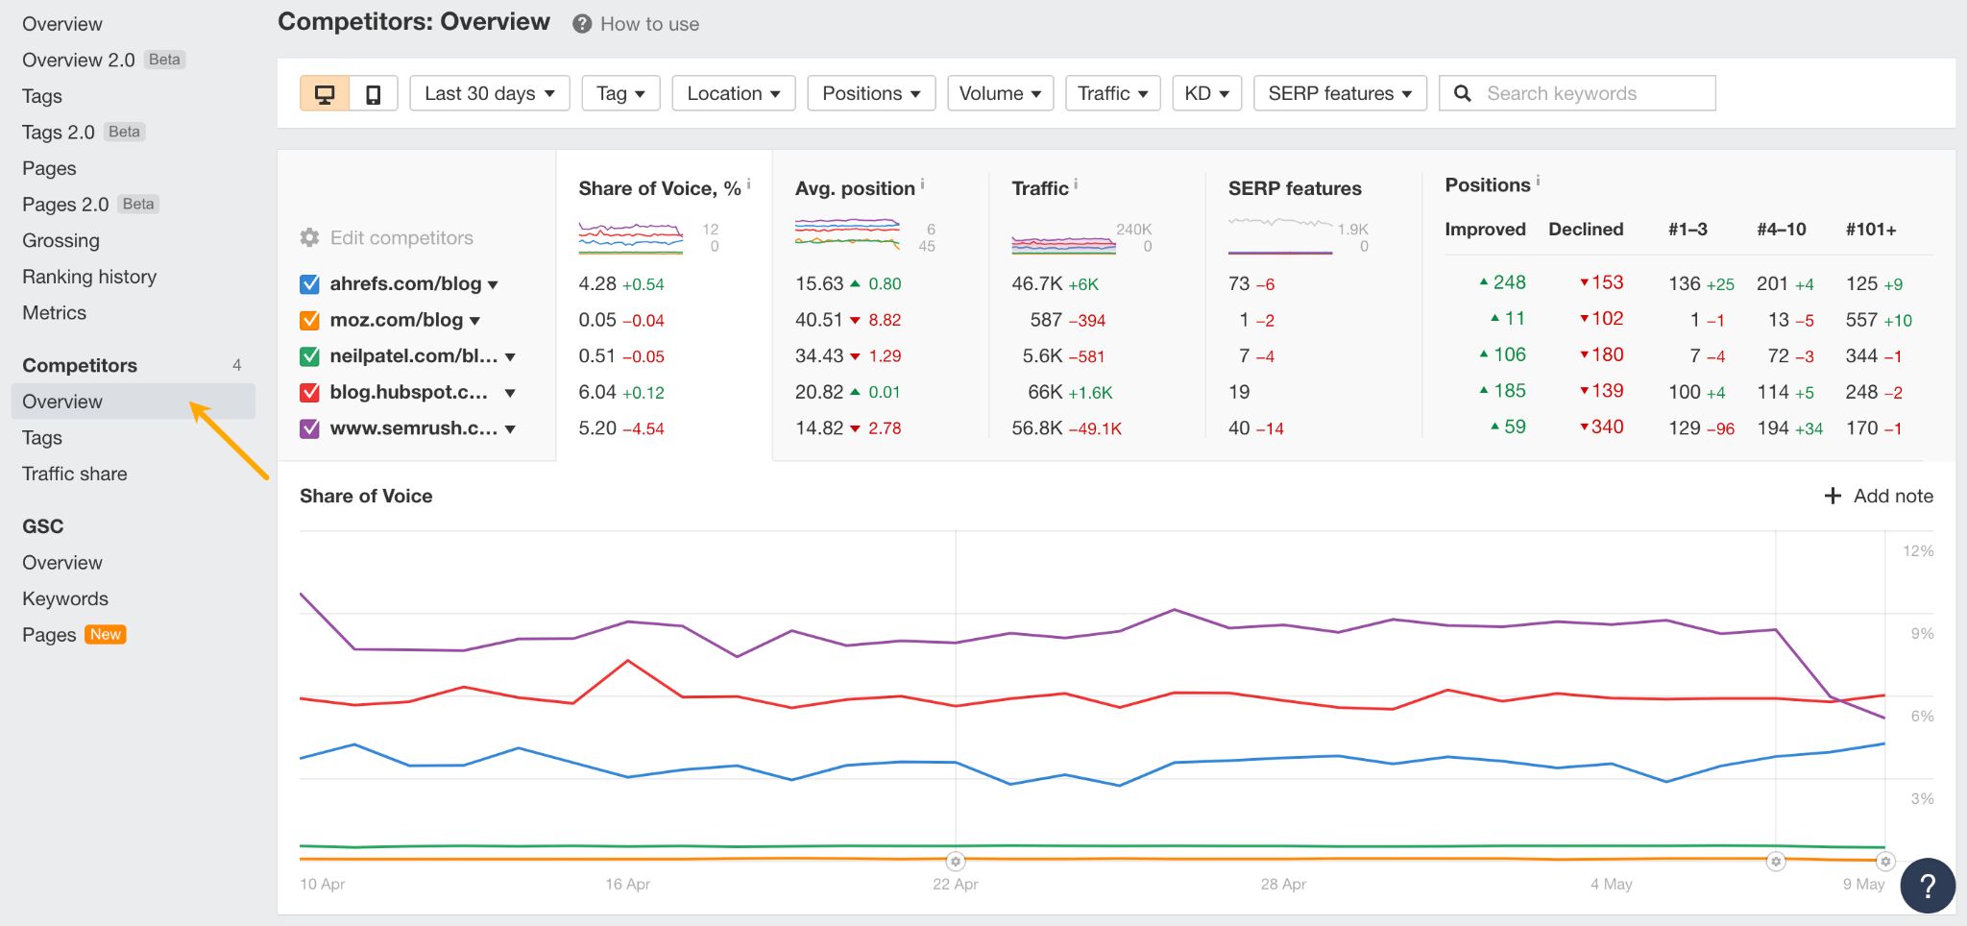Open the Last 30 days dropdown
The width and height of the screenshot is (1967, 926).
click(x=489, y=93)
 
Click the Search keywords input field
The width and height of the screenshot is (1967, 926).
click(x=1594, y=93)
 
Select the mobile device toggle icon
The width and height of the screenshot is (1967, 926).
click(x=374, y=93)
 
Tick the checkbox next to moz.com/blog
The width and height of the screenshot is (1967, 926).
click(x=309, y=320)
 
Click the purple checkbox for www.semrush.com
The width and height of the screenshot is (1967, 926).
click(x=309, y=428)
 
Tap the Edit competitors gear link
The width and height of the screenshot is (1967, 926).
click(x=387, y=237)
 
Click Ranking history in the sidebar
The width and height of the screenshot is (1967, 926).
click(x=89, y=277)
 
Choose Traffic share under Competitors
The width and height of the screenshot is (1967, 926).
click(x=75, y=474)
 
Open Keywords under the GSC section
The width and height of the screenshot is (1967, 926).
click(x=65, y=598)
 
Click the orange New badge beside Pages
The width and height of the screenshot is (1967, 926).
click(x=106, y=635)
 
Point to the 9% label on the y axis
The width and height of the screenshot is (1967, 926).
click(x=1921, y=634)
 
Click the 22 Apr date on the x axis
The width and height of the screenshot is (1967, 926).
click(x=955, y=884)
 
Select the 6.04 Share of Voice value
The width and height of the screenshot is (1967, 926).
click(x=596, y=392)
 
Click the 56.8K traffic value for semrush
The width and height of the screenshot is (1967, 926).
click(x=1036, y=428)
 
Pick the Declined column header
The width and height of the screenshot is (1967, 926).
click(x=1586, y=230)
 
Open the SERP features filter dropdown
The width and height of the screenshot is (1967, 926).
click(x=1339, y=93)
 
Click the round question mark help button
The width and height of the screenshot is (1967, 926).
click(x=1927, y=886)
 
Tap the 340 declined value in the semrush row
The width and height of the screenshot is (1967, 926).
click(x=1606, y=426)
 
